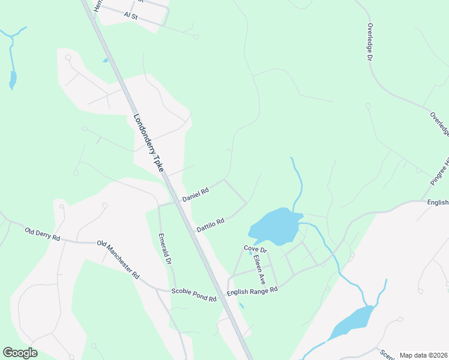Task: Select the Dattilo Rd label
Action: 211,224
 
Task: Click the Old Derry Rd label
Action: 42,234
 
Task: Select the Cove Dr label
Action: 255,248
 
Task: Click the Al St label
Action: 130,16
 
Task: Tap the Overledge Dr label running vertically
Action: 370,42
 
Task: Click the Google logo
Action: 20,352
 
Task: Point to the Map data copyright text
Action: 423,355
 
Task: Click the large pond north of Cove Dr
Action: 276,224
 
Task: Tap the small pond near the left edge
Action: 13,80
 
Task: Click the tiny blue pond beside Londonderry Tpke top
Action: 106,60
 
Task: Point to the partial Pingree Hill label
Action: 440,172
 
